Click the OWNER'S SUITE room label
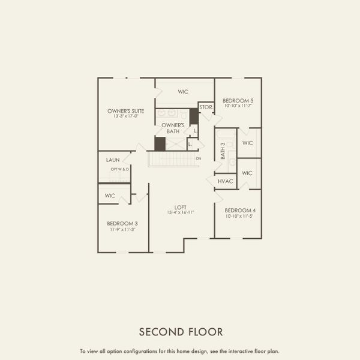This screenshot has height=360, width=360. [x=125, y=111]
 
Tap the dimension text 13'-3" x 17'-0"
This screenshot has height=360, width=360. [x=125, y=116]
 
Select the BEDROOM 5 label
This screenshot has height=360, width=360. [x=238, y=100]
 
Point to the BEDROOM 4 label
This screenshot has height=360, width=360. [x=240, y=210]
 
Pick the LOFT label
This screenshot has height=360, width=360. [x=180, y=208]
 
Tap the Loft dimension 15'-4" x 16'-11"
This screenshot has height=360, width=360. [x=180, y=213]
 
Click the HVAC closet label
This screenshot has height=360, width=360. [x=226, y=181]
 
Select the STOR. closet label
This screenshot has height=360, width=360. [x=206, y=107]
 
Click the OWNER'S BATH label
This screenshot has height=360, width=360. [x=172, y=127]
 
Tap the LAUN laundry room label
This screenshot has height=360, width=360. [x=112, y=160]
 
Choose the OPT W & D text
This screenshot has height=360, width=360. [x=119, y=169]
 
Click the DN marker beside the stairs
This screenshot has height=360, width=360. [x=199, y=158]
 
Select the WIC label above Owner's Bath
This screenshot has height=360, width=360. [x=184, y=92]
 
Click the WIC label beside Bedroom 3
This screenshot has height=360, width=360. [x=110, y=196]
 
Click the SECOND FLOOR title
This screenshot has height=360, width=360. [x=181, y=331]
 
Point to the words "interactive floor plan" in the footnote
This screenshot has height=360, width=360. [x=256, y=351]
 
